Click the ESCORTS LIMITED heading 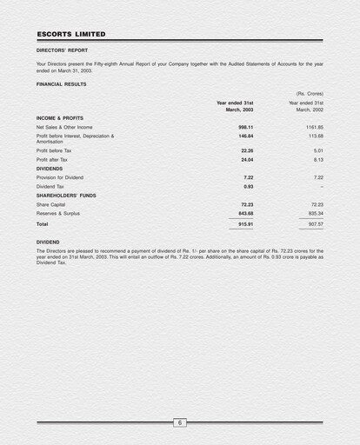click(x=71, y=34)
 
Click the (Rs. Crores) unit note click(x=309, y=93)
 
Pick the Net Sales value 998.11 click(x=245, y=127)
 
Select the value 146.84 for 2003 click(x=245, y=136)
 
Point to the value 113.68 click(x=315, y=136)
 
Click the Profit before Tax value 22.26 click(x=247, y=150)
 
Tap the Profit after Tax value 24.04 click(x=247, y=160)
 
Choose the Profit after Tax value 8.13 click(x=317, y=160)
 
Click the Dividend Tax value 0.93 click(x=248, y=187)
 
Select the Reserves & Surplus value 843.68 click(x=245, y=213)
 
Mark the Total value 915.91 click(x=245, y=224)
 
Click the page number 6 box click(x=180, y=423)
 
